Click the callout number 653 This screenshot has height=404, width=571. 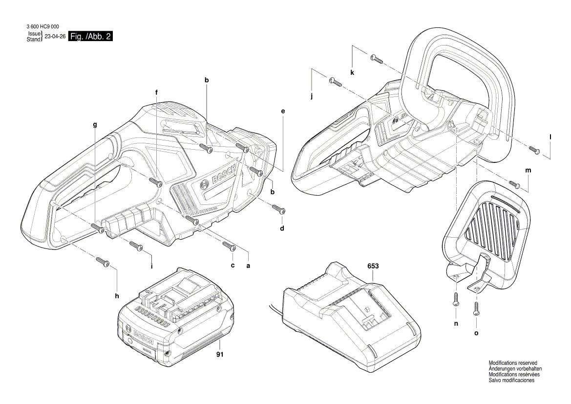tap(373, 266)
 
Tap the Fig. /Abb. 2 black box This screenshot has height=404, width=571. tap(91, 37)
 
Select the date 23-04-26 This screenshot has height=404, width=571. tap(55, 37)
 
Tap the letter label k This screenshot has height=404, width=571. tap(352, 72)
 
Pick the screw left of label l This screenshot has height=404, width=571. tap(533, 150)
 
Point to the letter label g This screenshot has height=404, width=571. tap(95, 125)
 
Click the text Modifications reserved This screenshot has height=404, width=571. tap(513, 363)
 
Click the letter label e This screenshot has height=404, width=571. tap(282, 112)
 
